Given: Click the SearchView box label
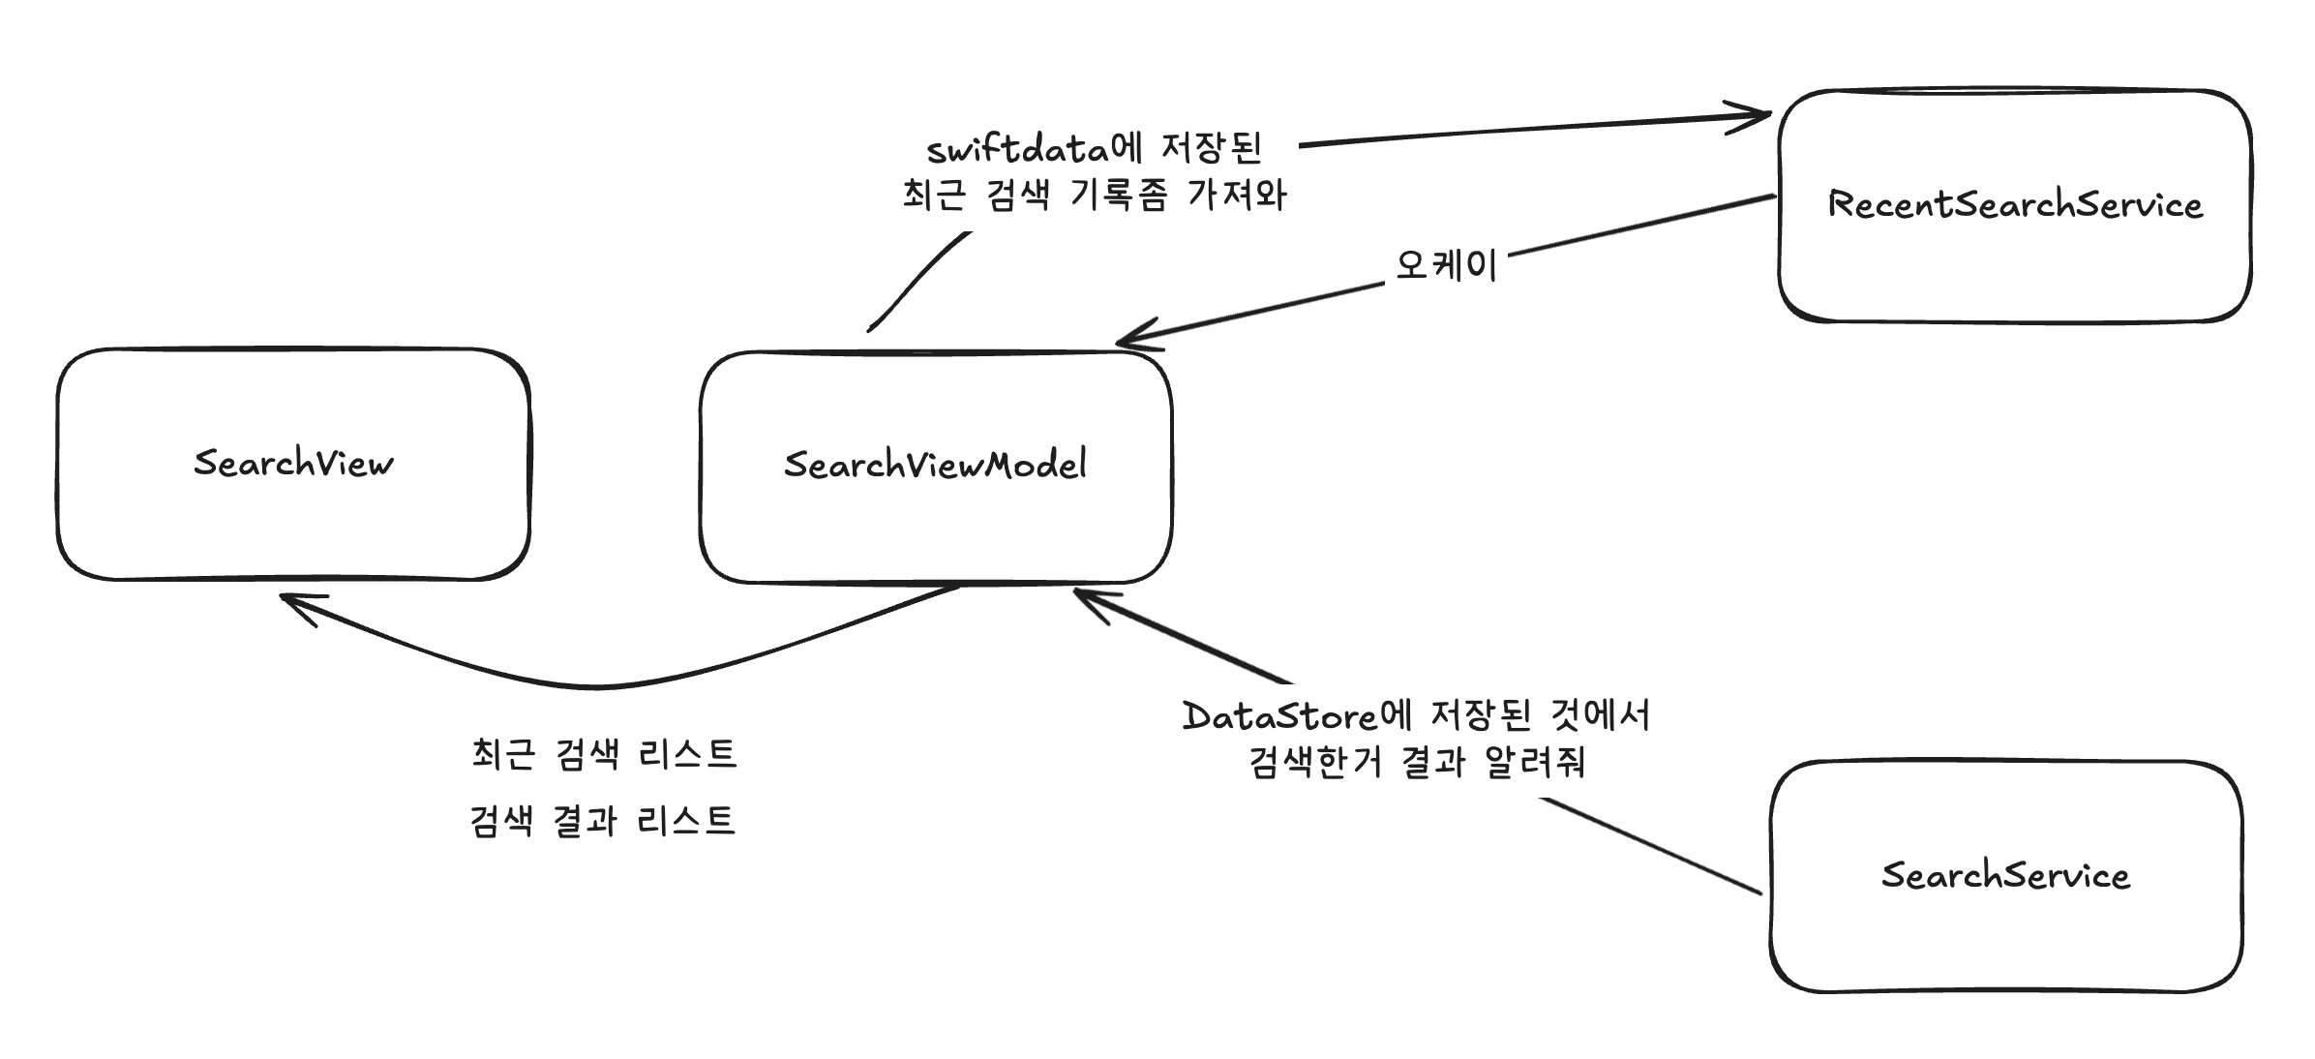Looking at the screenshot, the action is (293, 463).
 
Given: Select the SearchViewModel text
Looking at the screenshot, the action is (935, 465).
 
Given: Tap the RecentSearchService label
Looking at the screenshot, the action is (2015, 204).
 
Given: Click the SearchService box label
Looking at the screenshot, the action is (2005, 875).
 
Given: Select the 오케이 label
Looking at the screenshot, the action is (1446, 264).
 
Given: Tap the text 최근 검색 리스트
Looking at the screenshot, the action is (604, 754).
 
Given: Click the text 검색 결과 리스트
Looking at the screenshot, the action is (602, 822).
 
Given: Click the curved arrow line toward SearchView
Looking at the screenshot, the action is (600, 686).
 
